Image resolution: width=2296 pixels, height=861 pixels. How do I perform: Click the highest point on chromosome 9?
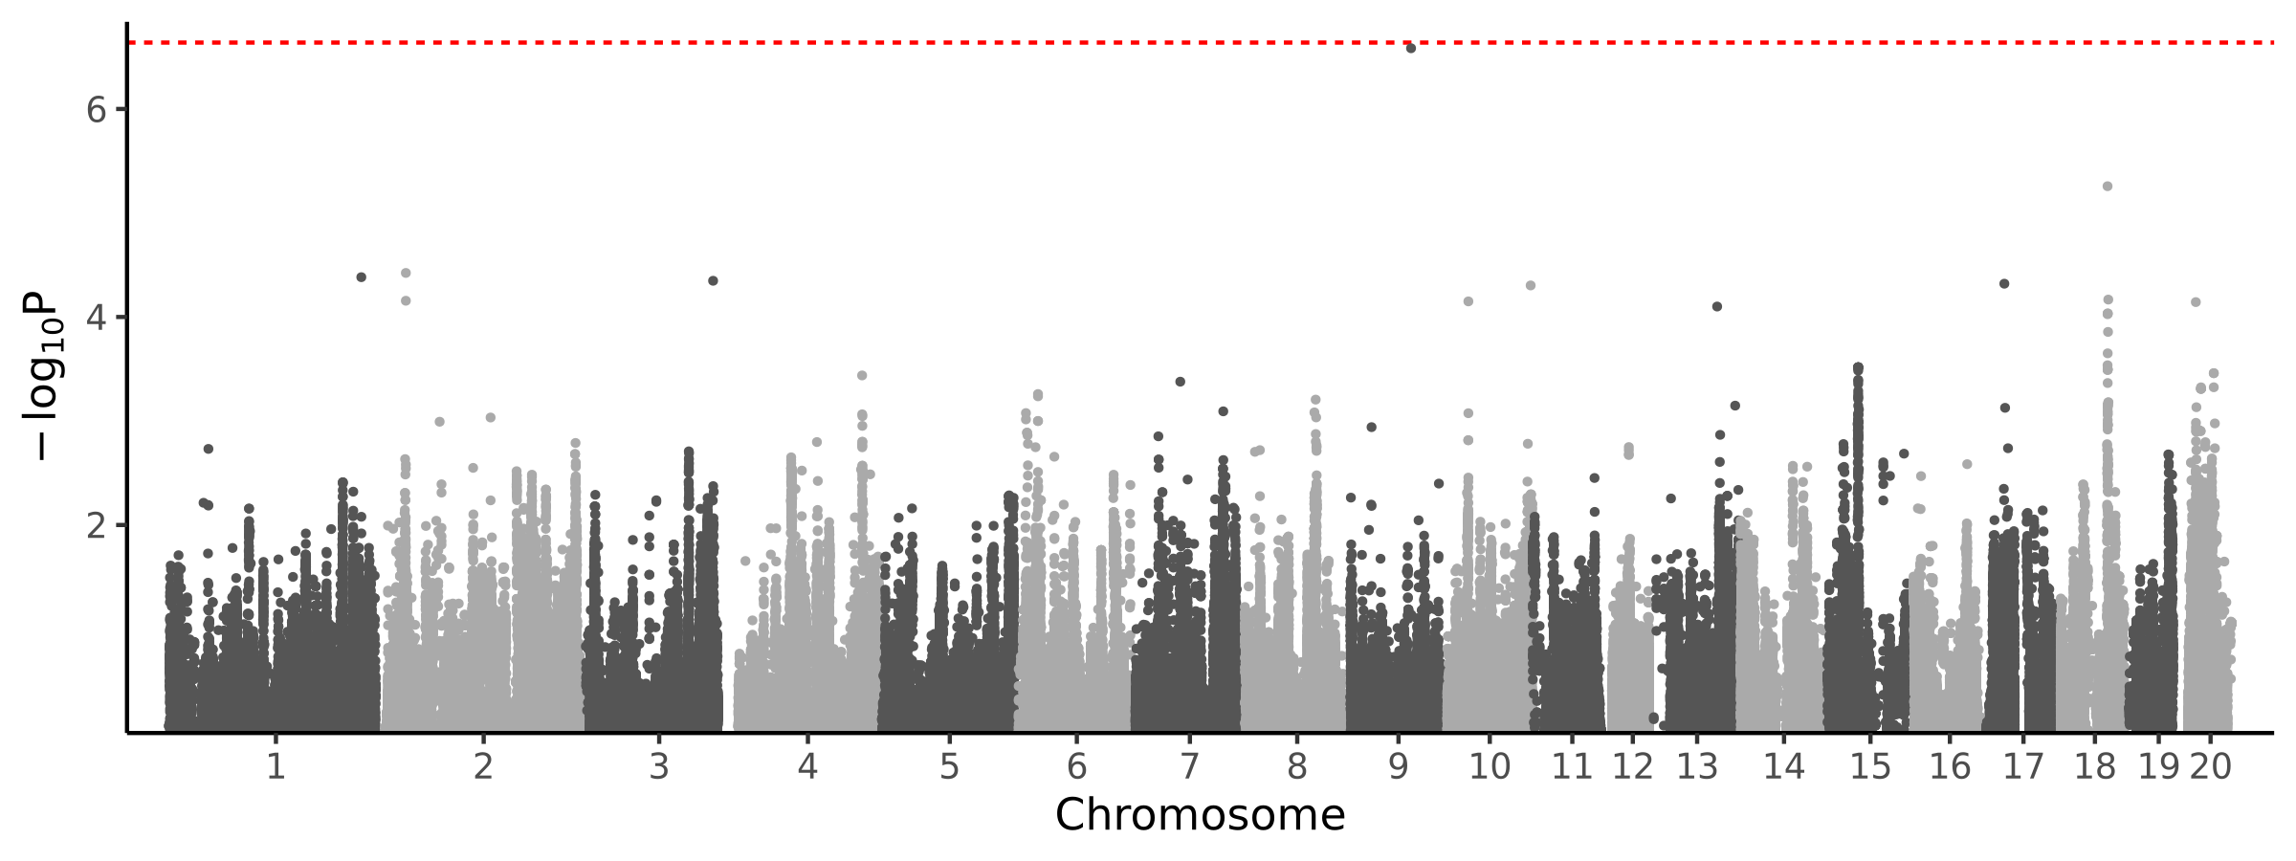coord(1410,48)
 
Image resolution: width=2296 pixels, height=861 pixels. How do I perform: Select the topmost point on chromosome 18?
coord(2107,187)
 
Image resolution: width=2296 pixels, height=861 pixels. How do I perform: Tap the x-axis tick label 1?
coord(276,767)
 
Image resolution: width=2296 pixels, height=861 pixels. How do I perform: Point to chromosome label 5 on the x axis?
coord(948,767)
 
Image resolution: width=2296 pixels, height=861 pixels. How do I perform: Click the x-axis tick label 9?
coord(1399,767)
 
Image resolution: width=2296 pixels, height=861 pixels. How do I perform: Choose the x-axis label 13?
coord(1697,767)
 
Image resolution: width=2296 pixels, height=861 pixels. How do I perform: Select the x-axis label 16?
coord(1950,767)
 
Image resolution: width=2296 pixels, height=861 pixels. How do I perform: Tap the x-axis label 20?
coord(2211,767)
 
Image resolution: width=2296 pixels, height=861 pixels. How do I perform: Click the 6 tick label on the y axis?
coord(96,110)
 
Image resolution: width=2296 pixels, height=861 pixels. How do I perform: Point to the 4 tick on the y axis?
coord(96,318)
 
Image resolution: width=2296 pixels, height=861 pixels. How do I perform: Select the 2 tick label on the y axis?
coord(96,525)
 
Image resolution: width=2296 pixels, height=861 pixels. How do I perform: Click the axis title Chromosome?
coord(1200,815)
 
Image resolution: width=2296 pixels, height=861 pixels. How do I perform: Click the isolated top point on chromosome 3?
coord(713,280)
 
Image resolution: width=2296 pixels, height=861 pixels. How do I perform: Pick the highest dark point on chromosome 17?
coord(2004,283)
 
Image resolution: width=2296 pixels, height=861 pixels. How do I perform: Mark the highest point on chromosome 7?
coord(1180,382)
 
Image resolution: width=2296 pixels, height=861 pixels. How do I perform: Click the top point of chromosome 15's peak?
coord(1858,367)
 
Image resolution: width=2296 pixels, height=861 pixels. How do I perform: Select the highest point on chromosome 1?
coord(361,277)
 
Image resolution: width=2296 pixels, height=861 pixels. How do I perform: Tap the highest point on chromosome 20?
coord(2196,302)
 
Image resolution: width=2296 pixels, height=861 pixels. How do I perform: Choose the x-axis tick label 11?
coord(1572,767)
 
